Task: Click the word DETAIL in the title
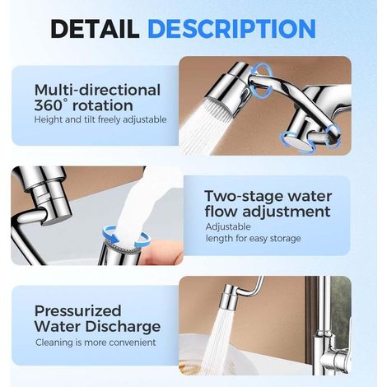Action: tap(95, 28)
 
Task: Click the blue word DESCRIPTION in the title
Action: tap(232, 28)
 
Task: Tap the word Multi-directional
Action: tap(97, 90)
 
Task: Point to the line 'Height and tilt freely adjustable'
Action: tap(100, 119)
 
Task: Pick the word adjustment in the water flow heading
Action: tap(287, 212)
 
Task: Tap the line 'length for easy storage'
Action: tap(254, 238)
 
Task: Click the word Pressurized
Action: tap(77, 311)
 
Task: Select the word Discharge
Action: tap(123, 326)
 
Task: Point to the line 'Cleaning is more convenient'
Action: tap(96, 343)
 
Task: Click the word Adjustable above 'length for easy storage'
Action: tap(228, 226)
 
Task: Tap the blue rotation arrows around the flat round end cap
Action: tap(298, 141)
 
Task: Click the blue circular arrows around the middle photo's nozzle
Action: tap(126, 235)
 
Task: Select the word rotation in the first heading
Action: tap(103, 106)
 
